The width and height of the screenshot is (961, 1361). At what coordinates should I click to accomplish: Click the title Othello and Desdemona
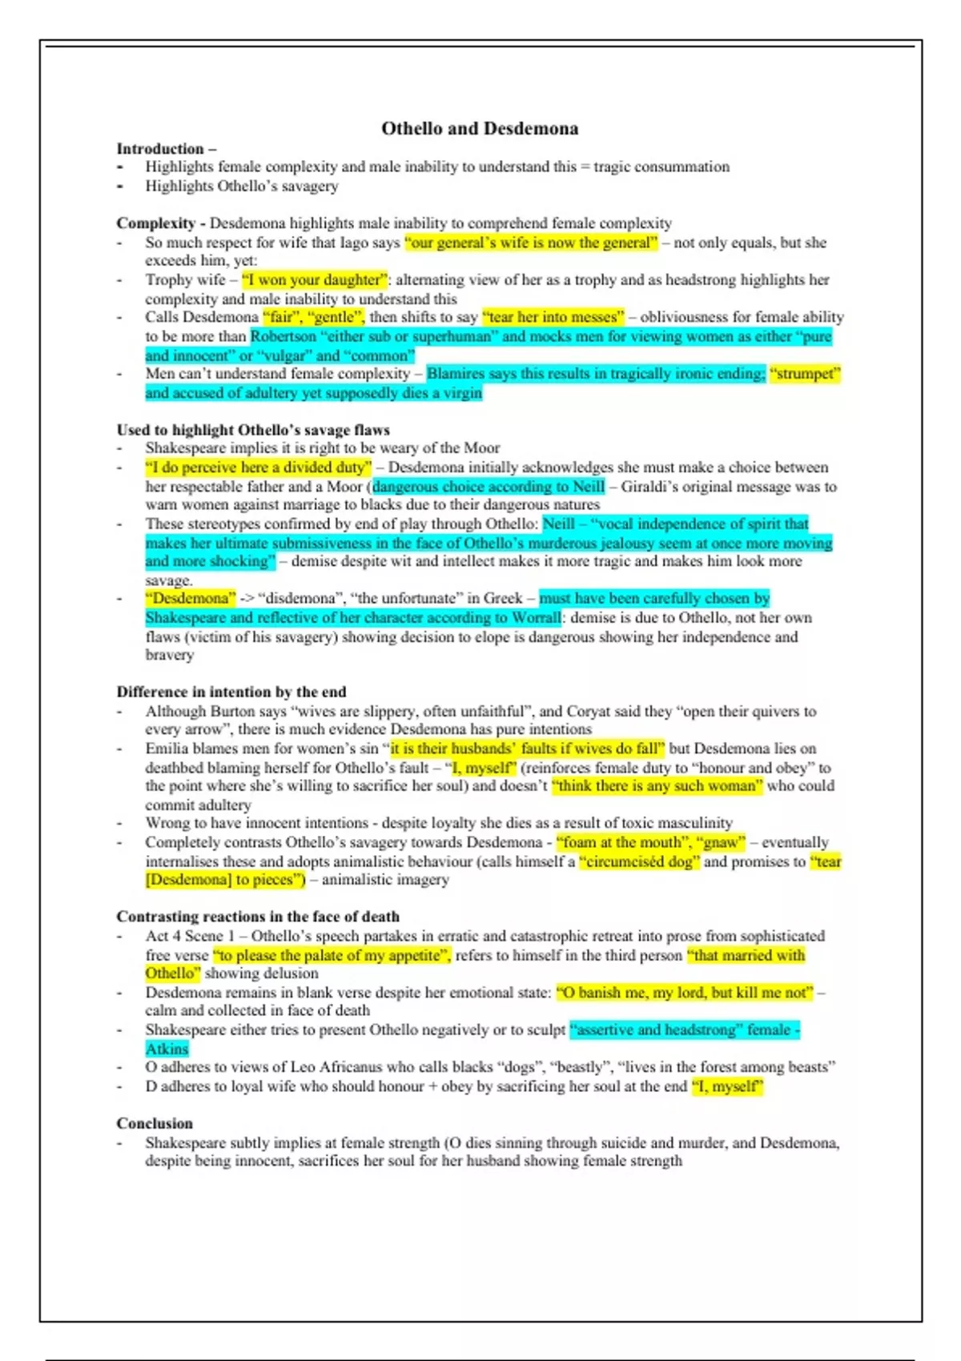480,128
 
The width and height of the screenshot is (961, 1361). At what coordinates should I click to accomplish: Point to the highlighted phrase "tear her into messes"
553,317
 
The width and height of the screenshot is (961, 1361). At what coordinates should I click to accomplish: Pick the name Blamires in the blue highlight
456,374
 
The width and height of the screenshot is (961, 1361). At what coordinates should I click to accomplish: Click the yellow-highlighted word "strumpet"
804,374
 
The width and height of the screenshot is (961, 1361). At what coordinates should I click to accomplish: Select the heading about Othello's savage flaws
253,430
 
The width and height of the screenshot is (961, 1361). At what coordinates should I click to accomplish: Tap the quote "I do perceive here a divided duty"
259,468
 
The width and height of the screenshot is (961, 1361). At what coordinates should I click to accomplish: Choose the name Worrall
533,618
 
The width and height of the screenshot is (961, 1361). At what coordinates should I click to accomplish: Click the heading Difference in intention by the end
231,692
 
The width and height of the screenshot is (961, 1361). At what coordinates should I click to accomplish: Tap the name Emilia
167,749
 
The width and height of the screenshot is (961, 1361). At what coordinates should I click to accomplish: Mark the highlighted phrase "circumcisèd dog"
639,862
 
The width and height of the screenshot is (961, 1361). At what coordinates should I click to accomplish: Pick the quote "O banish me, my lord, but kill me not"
685,993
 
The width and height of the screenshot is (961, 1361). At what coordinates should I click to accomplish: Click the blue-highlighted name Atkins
167,1049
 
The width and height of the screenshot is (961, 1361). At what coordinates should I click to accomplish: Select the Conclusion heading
155,1123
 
